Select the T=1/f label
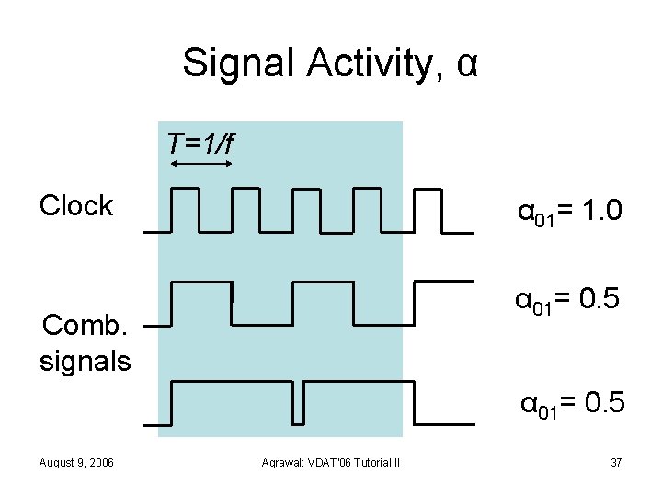(201, 144)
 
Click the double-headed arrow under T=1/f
(202, 164)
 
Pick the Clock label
(75, 205)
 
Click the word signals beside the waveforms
(85, 360)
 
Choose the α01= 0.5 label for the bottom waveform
(573, 403)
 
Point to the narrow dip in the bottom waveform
(301, 401)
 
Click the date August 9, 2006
(76, 460)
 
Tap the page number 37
(617, 460)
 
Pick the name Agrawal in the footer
(281, 461)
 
